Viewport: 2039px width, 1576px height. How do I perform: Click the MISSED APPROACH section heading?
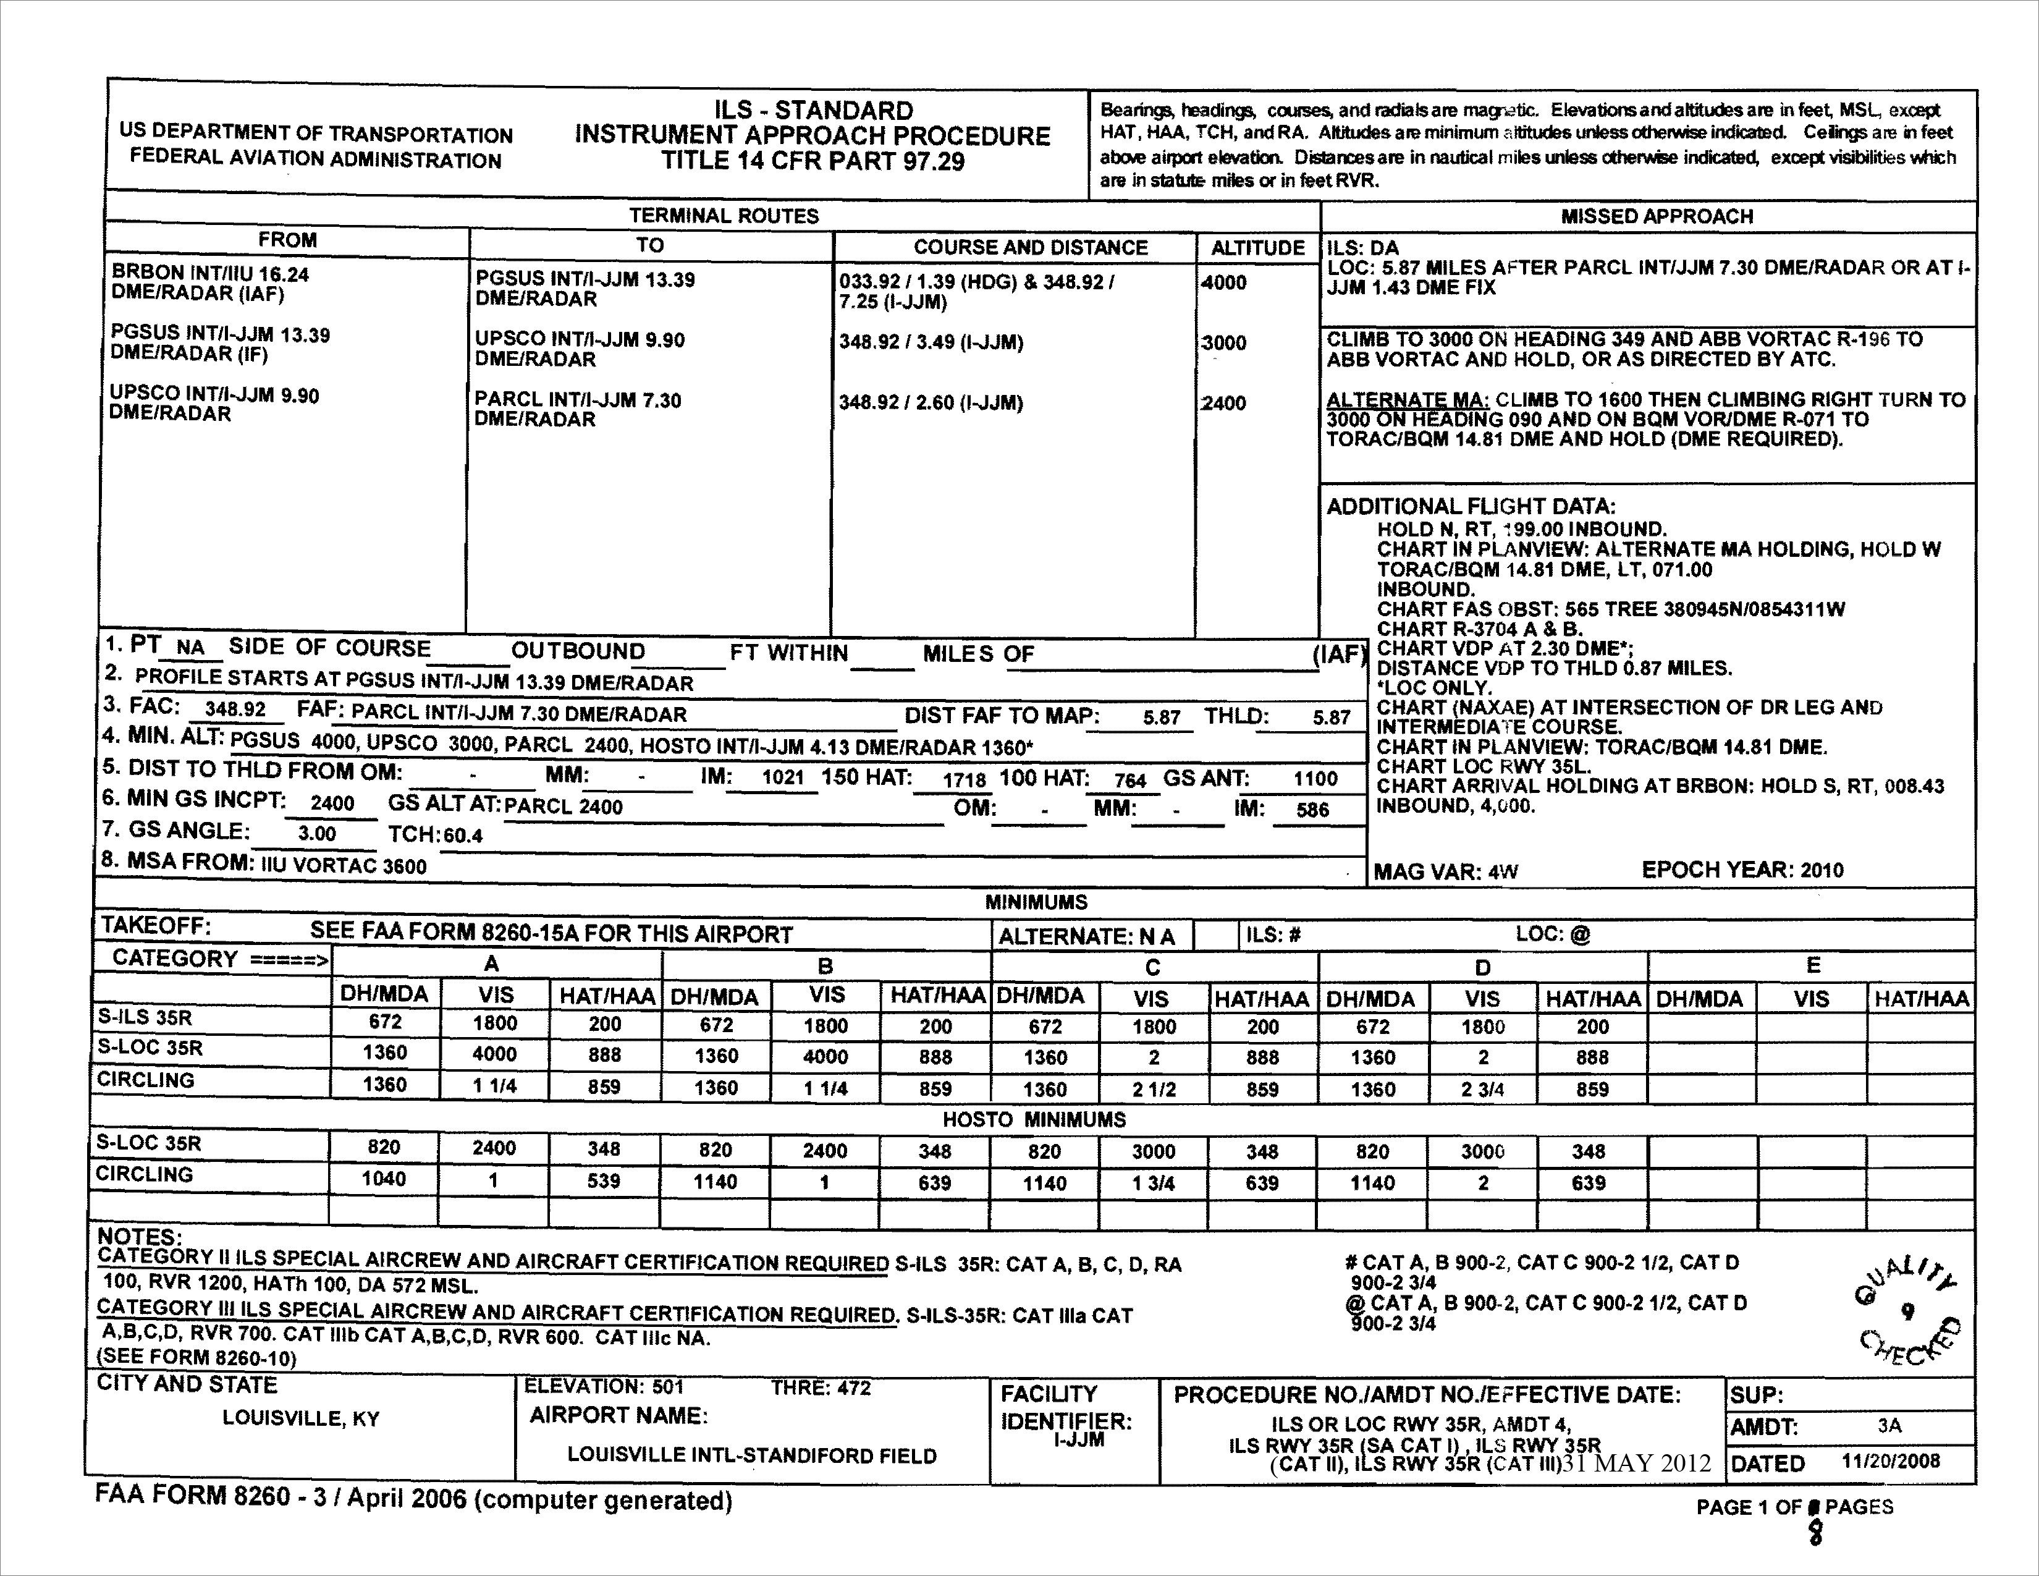tap(1656, 216)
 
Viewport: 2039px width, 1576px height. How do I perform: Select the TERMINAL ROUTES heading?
tap(724, 216)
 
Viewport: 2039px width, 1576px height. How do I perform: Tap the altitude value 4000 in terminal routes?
tap(1224, 283)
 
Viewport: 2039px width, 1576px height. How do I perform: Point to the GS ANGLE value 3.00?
tap(316, 834)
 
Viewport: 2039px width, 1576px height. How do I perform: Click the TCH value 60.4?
tap(463, 836)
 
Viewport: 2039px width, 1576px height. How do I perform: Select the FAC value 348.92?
tap(235, 710)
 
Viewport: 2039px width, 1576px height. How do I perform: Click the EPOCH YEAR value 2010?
tap(1822, 870)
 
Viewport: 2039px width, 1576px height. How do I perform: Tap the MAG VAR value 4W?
tap(1503, 872)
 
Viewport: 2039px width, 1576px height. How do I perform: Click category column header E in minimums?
tap(1812, 965)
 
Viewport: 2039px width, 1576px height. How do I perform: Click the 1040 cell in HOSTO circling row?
tap(384, 1178)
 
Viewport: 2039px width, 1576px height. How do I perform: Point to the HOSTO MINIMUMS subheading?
tap(1034, 1119)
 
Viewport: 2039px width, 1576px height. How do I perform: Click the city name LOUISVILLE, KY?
tap(301, 1419)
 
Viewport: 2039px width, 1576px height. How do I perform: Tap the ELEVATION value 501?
tap(669, 1387)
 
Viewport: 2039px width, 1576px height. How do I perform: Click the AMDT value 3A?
tap(1889, 1426)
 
